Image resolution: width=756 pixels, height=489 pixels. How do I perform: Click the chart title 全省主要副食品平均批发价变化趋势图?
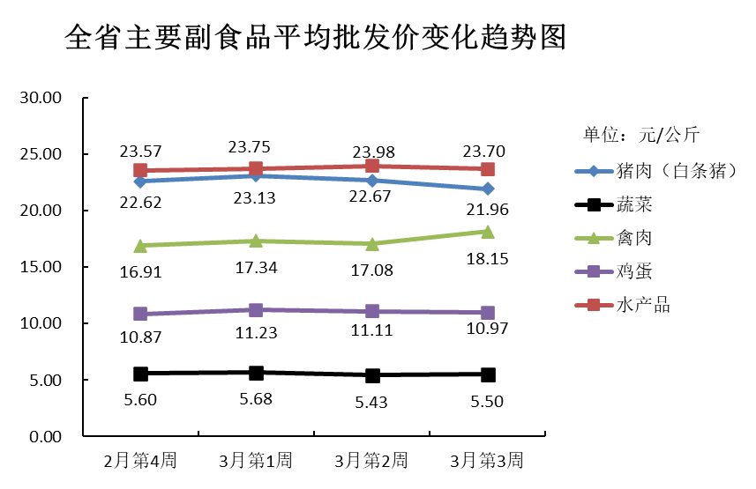point(315,38)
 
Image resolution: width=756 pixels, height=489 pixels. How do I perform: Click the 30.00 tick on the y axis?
point(41,98)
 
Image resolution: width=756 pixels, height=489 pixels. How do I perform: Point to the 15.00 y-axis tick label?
point(41,267)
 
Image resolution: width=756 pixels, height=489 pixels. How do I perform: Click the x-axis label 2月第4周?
point(140,460)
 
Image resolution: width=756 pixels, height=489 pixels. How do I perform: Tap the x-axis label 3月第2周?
point(371,460)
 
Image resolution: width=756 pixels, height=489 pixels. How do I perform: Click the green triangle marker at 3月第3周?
point(487,232)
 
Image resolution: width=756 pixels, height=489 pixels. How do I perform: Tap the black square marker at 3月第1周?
point(256,373)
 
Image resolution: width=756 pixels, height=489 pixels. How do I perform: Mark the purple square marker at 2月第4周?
point(139,314)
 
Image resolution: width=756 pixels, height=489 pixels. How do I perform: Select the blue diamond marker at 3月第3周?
point(487,189)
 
